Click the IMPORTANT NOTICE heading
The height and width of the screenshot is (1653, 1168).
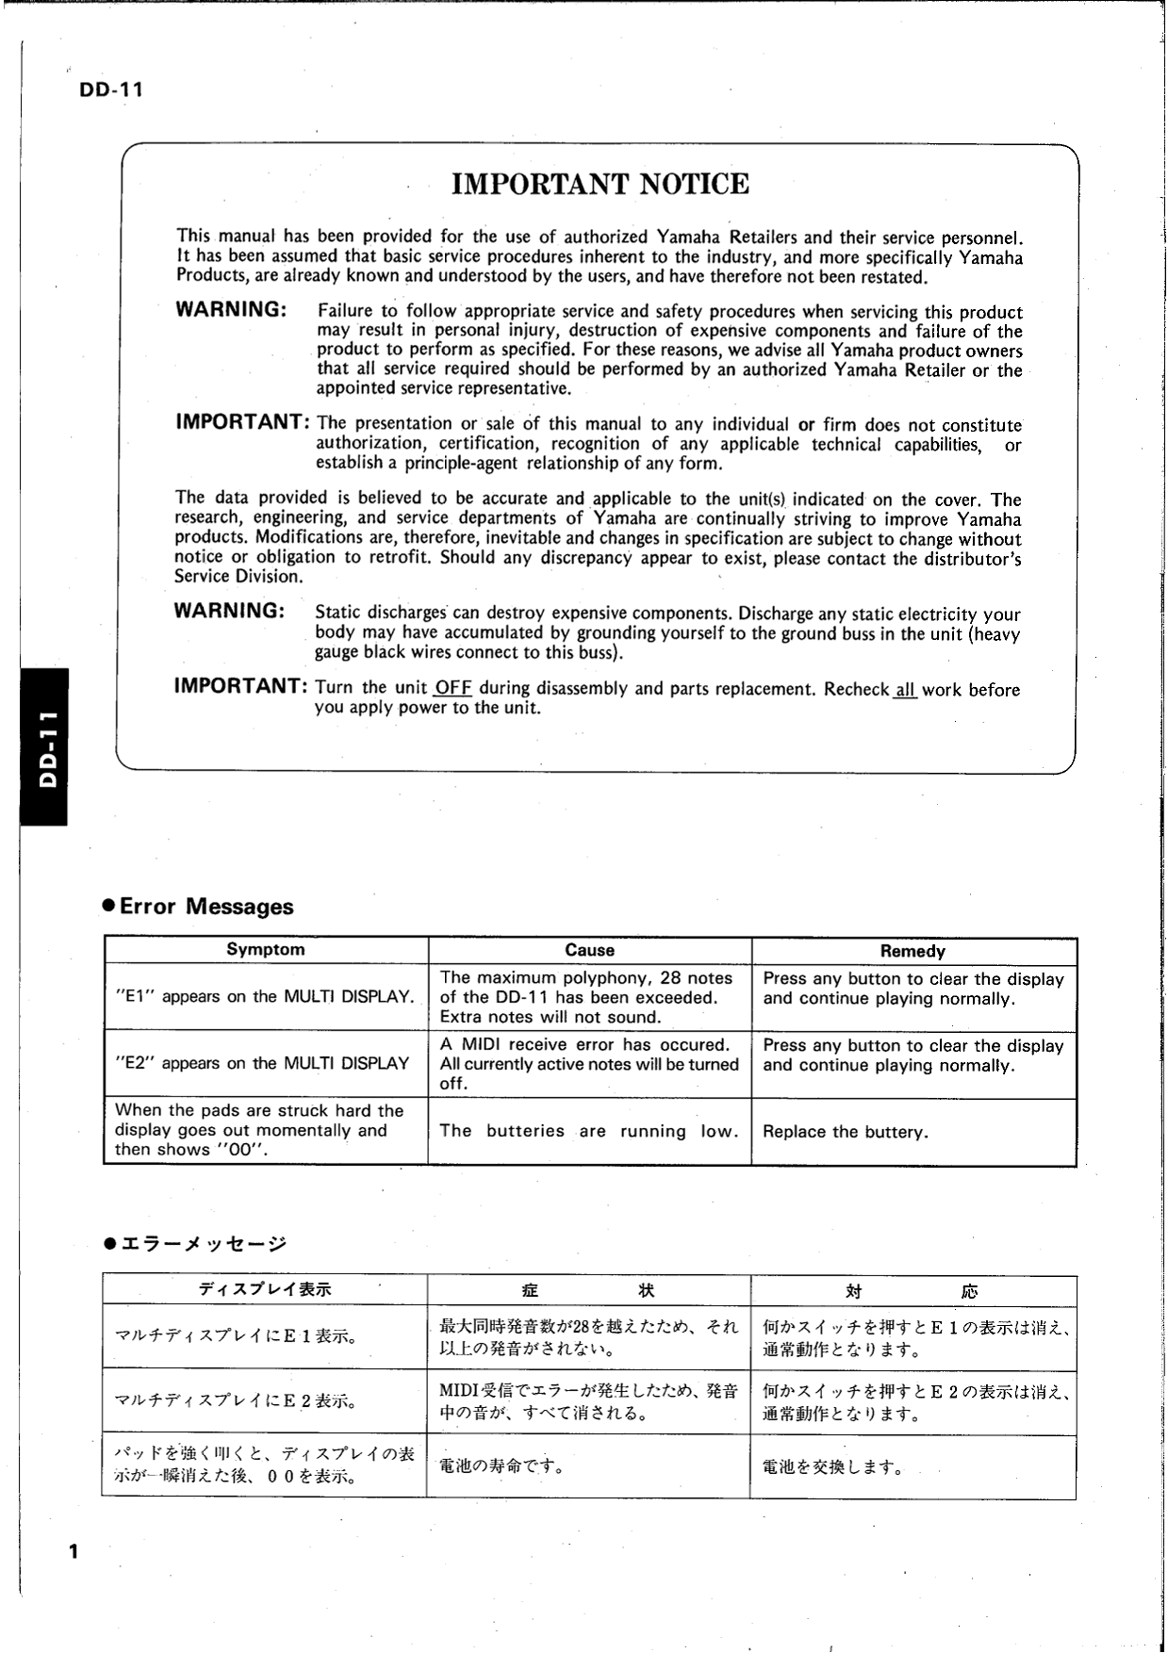[600, 184]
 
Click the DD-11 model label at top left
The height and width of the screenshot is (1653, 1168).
[105, 91]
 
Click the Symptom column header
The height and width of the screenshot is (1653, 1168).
[265, 950]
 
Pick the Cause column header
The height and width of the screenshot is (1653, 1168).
[589, 950]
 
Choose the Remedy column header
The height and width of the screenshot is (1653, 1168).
[913, 951]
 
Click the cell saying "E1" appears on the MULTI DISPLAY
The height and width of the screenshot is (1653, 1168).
[265, 997]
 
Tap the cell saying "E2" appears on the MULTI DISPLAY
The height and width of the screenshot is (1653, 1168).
[262, 1064]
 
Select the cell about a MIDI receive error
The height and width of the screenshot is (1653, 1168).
[589, 1064]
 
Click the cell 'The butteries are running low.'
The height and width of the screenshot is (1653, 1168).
[589, 1131]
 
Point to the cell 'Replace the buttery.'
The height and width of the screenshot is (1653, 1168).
[846, 1132]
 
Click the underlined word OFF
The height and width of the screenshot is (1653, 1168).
[453, 688]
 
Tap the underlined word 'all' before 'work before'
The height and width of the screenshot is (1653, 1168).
[905, 690]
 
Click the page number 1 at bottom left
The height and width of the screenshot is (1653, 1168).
[74, 1551]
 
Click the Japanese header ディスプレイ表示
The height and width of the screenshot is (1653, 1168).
[265, 1289]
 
